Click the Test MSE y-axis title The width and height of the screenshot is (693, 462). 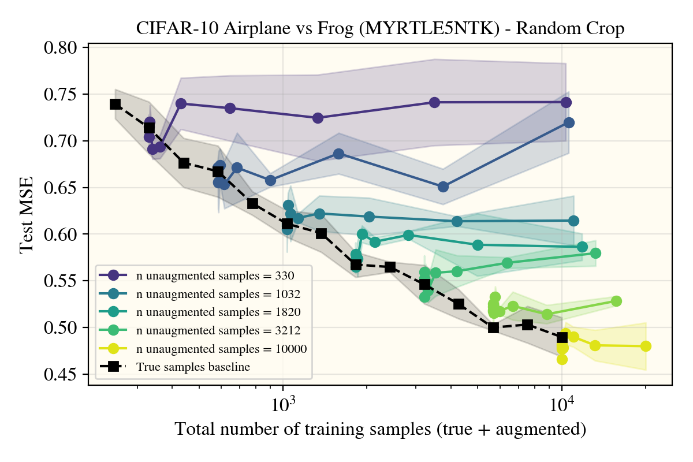click(x=26, y=215)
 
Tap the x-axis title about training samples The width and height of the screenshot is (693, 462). click(x=380, y=430)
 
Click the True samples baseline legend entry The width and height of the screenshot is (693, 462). click(x=193, y=366)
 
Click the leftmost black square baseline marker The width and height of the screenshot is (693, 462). click(x=115, y=104)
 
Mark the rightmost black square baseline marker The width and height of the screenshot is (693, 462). click(x=562, y=337)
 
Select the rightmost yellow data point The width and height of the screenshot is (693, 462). click(x=646, y=346)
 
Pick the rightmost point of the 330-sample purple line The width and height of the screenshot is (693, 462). click(x=566, y=102)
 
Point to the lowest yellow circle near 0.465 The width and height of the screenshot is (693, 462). click(x=562, y=359)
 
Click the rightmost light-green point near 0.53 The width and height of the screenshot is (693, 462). click(x=616, y=301)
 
